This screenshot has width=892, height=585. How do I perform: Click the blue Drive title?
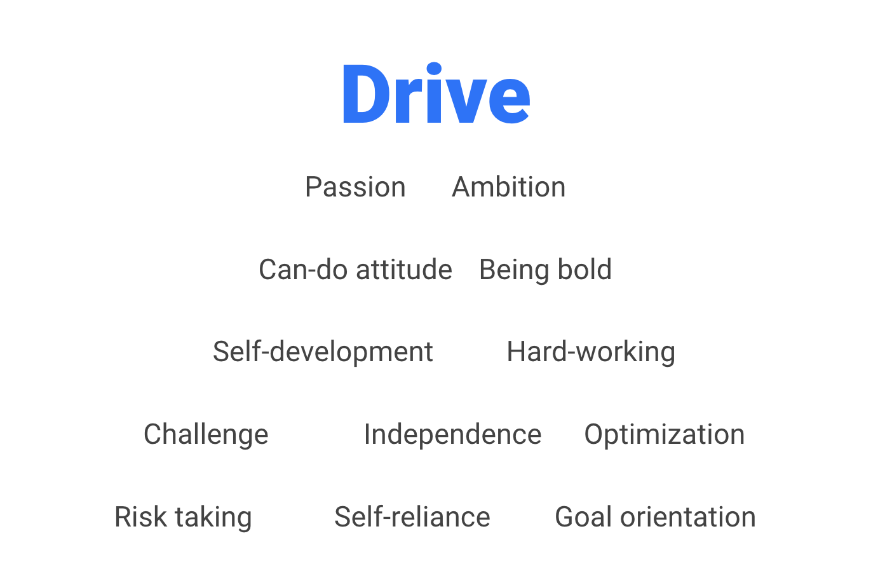pos(436,93)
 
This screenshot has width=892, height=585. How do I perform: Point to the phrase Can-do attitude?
pos(355,270)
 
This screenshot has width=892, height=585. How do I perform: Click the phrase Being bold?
pos(545,270)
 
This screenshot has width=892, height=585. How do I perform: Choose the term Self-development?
pos(323,352)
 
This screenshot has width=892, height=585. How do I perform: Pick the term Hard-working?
pos(591,352)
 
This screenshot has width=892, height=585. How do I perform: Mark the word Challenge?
pos(206,435)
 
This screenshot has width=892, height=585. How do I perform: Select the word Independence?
pos(453,435)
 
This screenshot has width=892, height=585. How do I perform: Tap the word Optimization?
pos(664,435)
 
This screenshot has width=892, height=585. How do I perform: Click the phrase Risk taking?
pos(183,518)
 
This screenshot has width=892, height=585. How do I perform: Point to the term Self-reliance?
pos(412,517)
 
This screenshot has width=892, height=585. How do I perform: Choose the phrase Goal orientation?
pos(656,517)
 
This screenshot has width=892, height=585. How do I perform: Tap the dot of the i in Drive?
pos(434,69)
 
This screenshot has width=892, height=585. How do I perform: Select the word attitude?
pos(404,270)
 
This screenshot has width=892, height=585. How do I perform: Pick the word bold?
pos(584,270)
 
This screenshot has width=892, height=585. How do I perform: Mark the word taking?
pos(213,518)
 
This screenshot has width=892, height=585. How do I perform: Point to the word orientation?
pos(687,517)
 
